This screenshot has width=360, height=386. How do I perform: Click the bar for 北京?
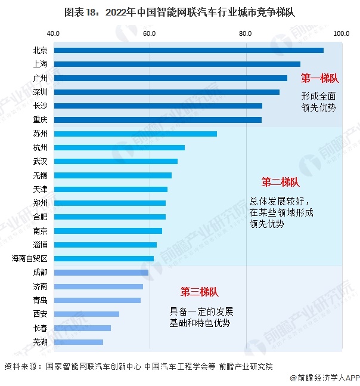point(188,51)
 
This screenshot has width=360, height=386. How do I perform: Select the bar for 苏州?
point(135,134)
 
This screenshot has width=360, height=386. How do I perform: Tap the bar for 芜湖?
point(78,342)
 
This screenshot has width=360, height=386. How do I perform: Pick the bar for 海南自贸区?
point(104,258)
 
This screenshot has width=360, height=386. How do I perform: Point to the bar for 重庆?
point(157,120)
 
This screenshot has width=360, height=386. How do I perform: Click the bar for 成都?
point(101,273)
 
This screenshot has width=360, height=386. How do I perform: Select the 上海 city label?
point(41,64)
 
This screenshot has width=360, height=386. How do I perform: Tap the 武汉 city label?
point(41,162)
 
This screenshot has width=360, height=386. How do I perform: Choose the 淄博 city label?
point(41,245)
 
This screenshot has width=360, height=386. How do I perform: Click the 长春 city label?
point(41,328)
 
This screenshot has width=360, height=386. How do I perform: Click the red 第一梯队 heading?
point(319,78)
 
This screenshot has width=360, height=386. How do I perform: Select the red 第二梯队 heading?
point(280,182)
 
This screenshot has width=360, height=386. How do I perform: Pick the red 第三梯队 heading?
point(200,292)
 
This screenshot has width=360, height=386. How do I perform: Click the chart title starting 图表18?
point(179,11)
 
